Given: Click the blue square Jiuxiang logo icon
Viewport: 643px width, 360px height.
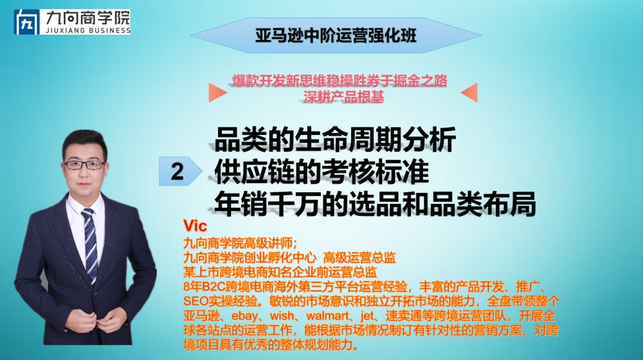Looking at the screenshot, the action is coord(26,22).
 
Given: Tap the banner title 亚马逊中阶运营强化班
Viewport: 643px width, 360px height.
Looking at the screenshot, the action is coord(336,35).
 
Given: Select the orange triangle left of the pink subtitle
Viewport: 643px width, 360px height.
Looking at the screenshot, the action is coord(217,93).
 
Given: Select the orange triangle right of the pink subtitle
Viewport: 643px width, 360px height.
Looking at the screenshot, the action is coord(469,93).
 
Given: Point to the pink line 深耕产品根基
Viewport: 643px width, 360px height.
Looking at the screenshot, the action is coord(344,97).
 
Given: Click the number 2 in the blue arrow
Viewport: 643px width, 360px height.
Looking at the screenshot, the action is coord(177,171).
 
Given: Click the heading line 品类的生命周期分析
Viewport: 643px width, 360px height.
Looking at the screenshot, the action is coord(335,139).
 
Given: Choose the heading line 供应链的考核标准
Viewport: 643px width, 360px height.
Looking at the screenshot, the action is coord(321,172).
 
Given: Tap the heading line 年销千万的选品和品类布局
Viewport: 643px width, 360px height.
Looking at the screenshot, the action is coord(375,204).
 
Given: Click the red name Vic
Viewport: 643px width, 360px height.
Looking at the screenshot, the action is coord(195,226).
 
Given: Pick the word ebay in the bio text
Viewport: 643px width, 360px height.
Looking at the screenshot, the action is coord(245,316).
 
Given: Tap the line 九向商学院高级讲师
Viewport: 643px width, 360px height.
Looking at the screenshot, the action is coord(238,243).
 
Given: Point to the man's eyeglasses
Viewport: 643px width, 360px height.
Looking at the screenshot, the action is coord(84,165).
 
